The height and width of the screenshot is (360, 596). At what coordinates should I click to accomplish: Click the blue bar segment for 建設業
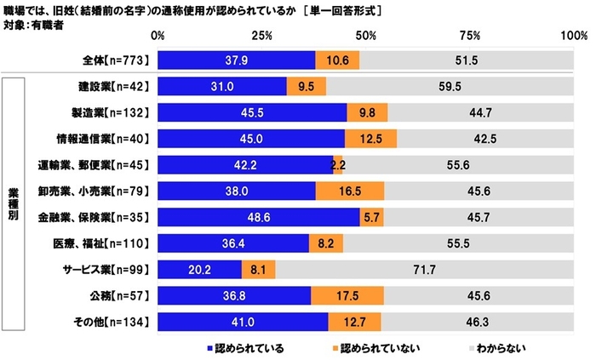pos(222,87)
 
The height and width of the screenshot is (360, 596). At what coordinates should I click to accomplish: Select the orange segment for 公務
pos(347,294)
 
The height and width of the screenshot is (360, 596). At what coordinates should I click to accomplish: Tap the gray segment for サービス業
pos(426,270)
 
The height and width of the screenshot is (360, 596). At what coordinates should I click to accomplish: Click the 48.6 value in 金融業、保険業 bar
pos(256,217)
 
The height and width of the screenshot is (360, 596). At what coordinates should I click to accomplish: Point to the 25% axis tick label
pos(261,36)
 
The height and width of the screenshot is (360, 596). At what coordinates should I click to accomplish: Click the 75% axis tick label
pos(470,36)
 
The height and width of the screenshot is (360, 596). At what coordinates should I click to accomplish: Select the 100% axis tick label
pos(573,36)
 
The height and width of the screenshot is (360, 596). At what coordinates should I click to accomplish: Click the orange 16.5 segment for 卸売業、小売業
pos(350,191)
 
